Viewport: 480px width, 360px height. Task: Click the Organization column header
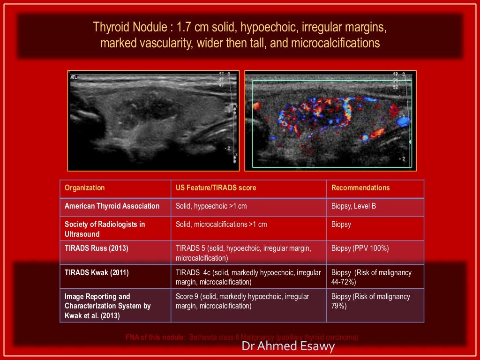85,188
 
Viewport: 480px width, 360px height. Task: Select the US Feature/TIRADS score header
216,188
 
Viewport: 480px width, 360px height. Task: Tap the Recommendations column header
360,188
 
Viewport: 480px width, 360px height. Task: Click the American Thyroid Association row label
112,206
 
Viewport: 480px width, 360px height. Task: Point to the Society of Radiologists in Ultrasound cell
105,229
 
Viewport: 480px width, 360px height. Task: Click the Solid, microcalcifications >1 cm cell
221,225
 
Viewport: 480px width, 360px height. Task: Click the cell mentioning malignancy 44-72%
371,277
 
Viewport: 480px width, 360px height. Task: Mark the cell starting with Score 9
242,301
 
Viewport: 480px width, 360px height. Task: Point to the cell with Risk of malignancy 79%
370,301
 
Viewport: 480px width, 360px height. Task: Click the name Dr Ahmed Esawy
288,346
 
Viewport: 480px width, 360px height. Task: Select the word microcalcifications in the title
335,43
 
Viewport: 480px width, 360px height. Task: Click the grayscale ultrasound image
154,120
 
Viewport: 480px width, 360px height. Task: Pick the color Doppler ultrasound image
330,120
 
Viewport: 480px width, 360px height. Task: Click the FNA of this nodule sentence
242,337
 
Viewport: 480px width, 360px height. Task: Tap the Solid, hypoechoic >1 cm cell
211,206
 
